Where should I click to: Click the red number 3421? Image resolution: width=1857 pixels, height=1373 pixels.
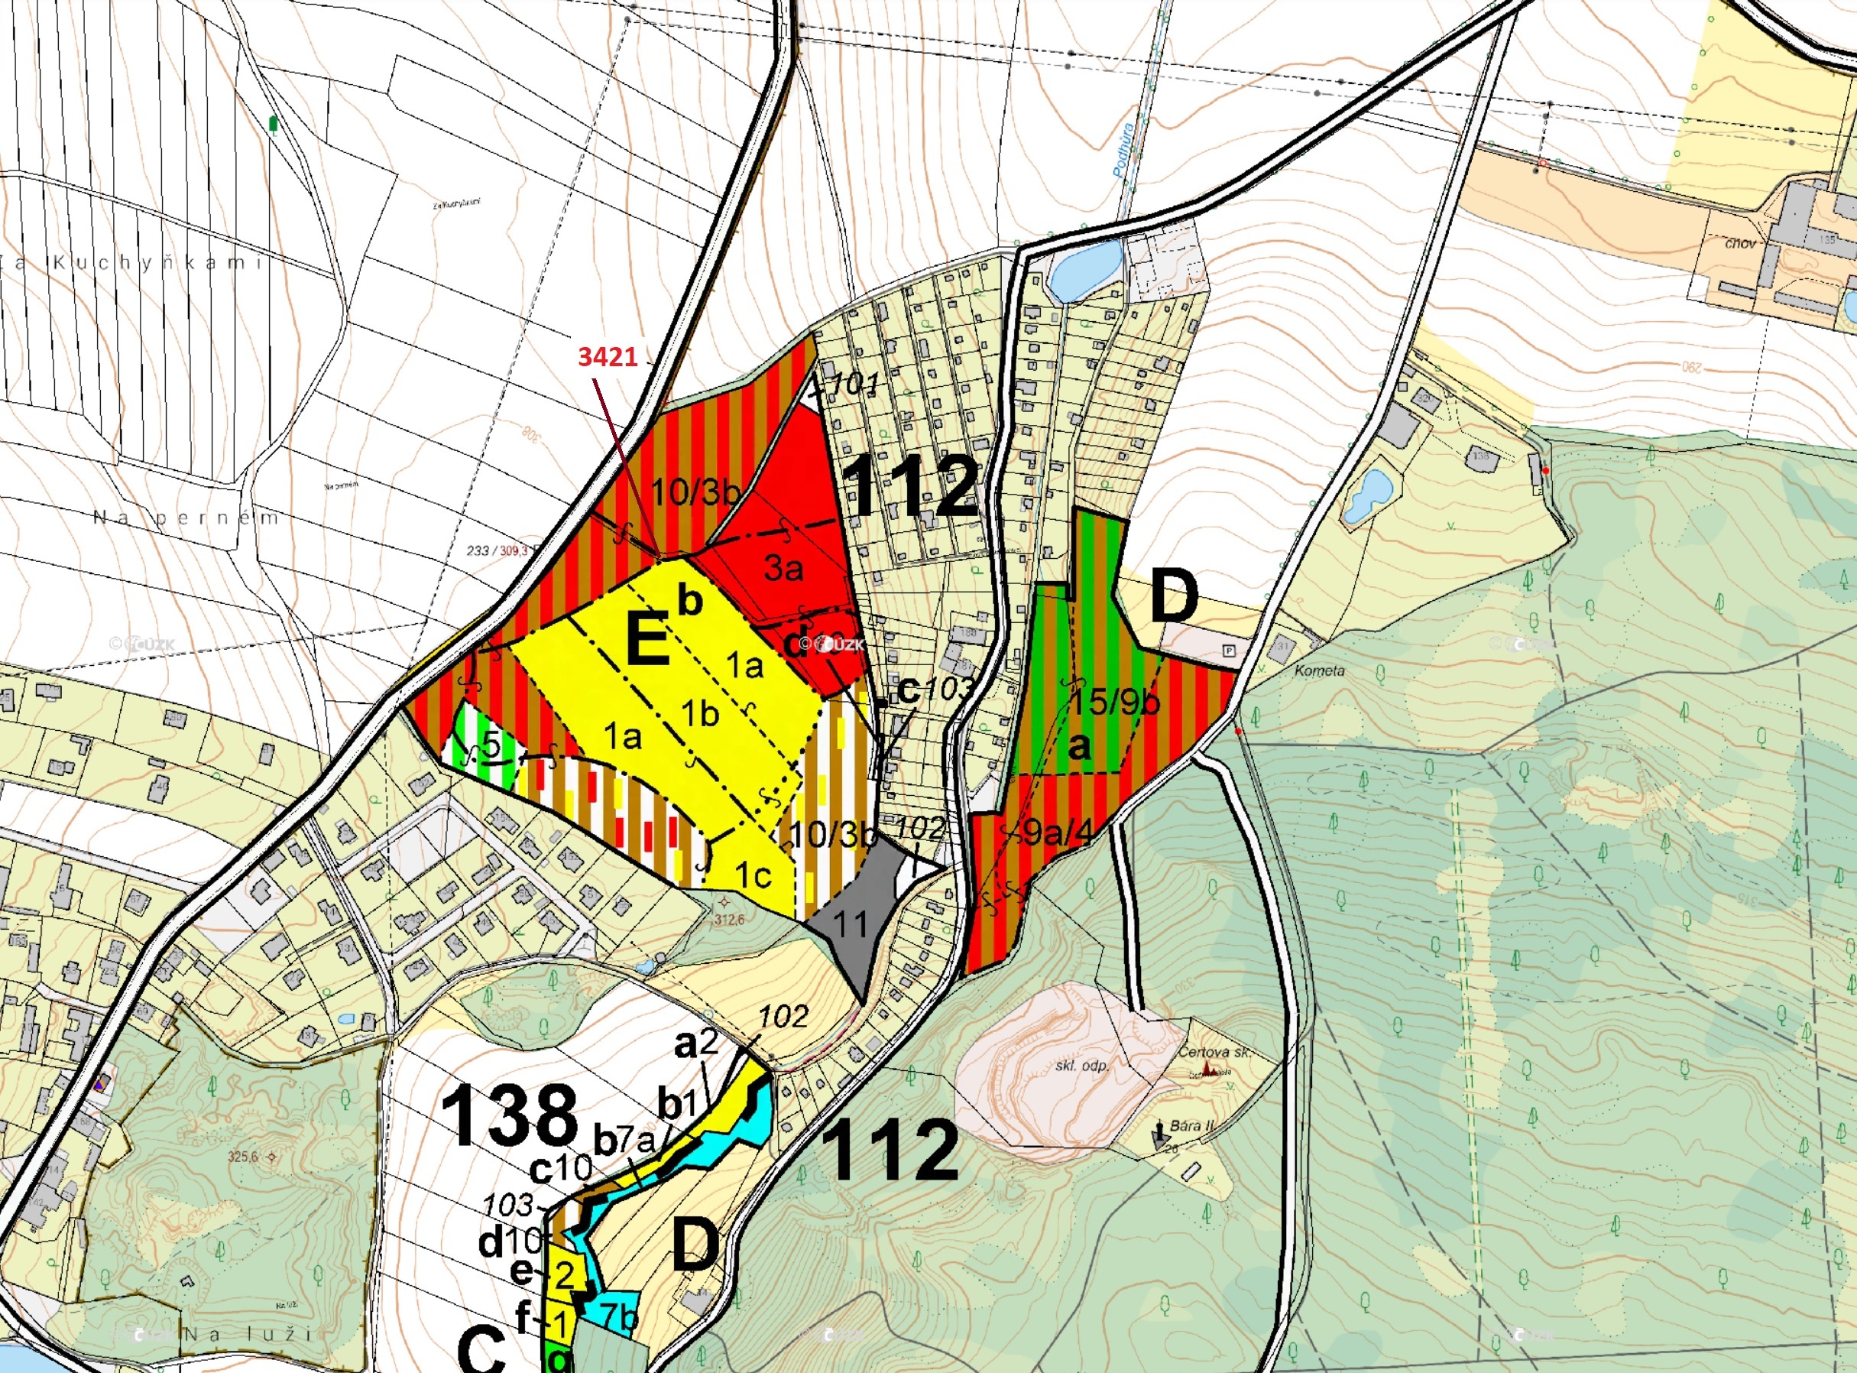tap(608, 356)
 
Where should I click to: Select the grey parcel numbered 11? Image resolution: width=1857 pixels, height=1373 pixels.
tap(851, 922)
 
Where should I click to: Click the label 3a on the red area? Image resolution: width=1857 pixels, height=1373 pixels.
tap(783, 568)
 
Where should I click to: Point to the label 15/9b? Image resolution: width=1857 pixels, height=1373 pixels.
tap(1113, 703)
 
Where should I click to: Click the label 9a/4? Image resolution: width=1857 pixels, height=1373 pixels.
tap(1056, 832)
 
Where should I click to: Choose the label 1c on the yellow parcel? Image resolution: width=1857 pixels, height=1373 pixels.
tap(753, 875)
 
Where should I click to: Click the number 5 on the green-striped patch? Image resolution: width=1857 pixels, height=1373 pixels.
tap(492, 745)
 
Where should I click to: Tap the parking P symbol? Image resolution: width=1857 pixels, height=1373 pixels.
tap(1230, 651)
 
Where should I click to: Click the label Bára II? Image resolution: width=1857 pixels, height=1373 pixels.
tap(1192, 1126)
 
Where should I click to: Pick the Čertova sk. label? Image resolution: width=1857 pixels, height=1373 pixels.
tap(1214, 1052)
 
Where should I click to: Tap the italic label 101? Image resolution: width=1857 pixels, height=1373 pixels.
tap(855, 385)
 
